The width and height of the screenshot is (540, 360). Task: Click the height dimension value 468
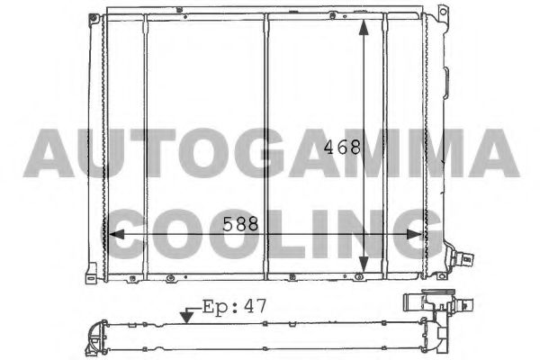tap(342, 147)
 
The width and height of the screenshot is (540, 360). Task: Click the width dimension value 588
tap(240, 224)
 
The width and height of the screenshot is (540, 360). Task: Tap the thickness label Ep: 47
tap(234, 306)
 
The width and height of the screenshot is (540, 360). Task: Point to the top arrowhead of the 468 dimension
tap(364, 27)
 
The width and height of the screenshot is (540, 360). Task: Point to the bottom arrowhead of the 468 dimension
tap(364, 265)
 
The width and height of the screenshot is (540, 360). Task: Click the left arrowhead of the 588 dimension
tap(116, 234)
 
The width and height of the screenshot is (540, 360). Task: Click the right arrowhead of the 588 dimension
tap(414, 234)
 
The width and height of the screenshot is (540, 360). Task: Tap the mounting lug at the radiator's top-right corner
tap(443, 12)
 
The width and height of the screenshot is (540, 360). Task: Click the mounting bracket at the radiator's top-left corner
tap(93, 19)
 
